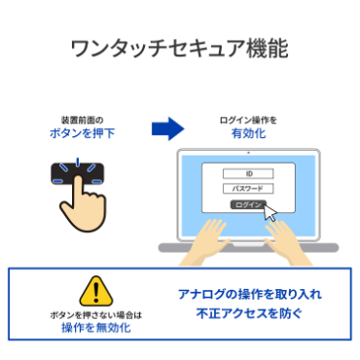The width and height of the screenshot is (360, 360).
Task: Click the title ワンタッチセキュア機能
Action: [x=180, y=50]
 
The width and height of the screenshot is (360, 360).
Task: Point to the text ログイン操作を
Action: [x=248, y=119]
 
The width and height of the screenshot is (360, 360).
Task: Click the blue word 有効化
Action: [x=248, y=133]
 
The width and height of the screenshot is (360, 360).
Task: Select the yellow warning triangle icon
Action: [x=95, y=290]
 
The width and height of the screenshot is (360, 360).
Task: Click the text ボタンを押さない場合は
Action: [x=95, y=314]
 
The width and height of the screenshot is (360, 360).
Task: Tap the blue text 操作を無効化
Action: [x=95, y=329]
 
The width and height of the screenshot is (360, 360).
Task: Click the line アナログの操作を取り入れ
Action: [x=249, y=293]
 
